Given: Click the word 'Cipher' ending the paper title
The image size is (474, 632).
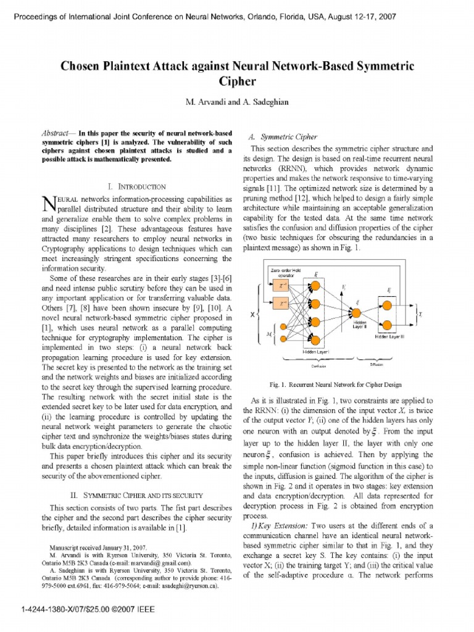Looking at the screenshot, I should tap(237, 80).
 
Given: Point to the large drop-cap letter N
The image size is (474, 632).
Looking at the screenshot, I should tap(45, 203).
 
